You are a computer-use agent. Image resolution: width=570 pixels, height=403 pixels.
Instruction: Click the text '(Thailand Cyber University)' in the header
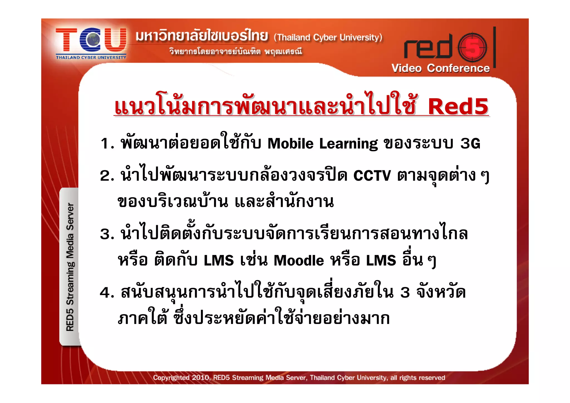coord(328,37)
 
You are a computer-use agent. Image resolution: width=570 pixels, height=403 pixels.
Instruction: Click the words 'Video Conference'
coord(440,68)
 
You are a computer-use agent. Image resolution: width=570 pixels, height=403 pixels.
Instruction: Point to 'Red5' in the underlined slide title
coord(458,107)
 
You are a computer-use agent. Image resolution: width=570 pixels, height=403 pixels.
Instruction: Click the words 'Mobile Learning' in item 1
coord(323,144)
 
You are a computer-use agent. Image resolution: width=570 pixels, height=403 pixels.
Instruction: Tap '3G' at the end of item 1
coord(470,144)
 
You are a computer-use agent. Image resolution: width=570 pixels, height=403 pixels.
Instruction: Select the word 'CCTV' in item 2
coord(372,176)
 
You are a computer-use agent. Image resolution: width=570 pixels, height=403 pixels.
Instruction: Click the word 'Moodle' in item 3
coord(299,261)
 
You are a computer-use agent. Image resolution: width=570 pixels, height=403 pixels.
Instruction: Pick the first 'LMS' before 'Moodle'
coord(219,261)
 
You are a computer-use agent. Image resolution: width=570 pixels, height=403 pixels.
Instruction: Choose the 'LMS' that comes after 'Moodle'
coord(381,261)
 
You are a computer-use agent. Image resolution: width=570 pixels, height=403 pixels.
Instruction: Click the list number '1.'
coord(107,144)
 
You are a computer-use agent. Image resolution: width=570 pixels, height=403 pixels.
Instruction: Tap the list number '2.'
coord(107,176)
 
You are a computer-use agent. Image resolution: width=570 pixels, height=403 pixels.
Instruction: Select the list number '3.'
coord(107,234)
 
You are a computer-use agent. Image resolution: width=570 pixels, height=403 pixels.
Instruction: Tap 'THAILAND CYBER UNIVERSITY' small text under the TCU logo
coord(91,58)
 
